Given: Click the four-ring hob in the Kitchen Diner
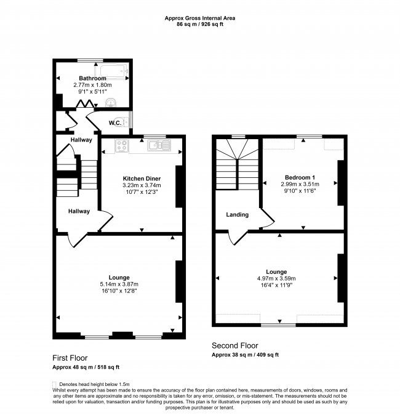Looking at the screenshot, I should [121, 146].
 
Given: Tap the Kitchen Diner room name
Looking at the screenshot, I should [140, 177].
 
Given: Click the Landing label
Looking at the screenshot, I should [237, 215].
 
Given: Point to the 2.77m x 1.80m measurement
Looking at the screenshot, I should [90, 85].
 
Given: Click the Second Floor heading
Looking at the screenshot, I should [234, 346].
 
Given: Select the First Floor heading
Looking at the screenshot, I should [70, 358].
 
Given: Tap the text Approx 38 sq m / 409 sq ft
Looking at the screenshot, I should [245, 355].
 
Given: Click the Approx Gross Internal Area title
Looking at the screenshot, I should [199, 18].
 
